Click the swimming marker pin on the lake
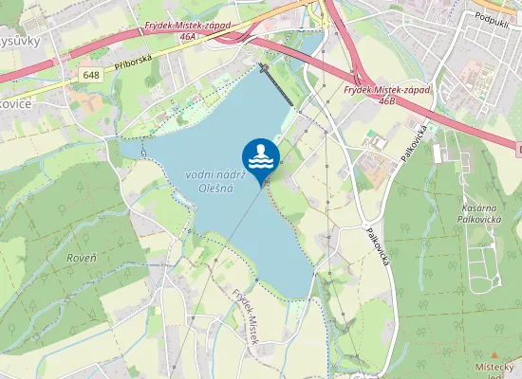(x=260, y=156)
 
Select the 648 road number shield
(x=91, y=75)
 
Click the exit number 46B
(x=386, y=99)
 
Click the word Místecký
(x=495, y=366)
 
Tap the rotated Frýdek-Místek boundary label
(x=246, y=321)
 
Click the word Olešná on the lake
(x=216, y=188)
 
